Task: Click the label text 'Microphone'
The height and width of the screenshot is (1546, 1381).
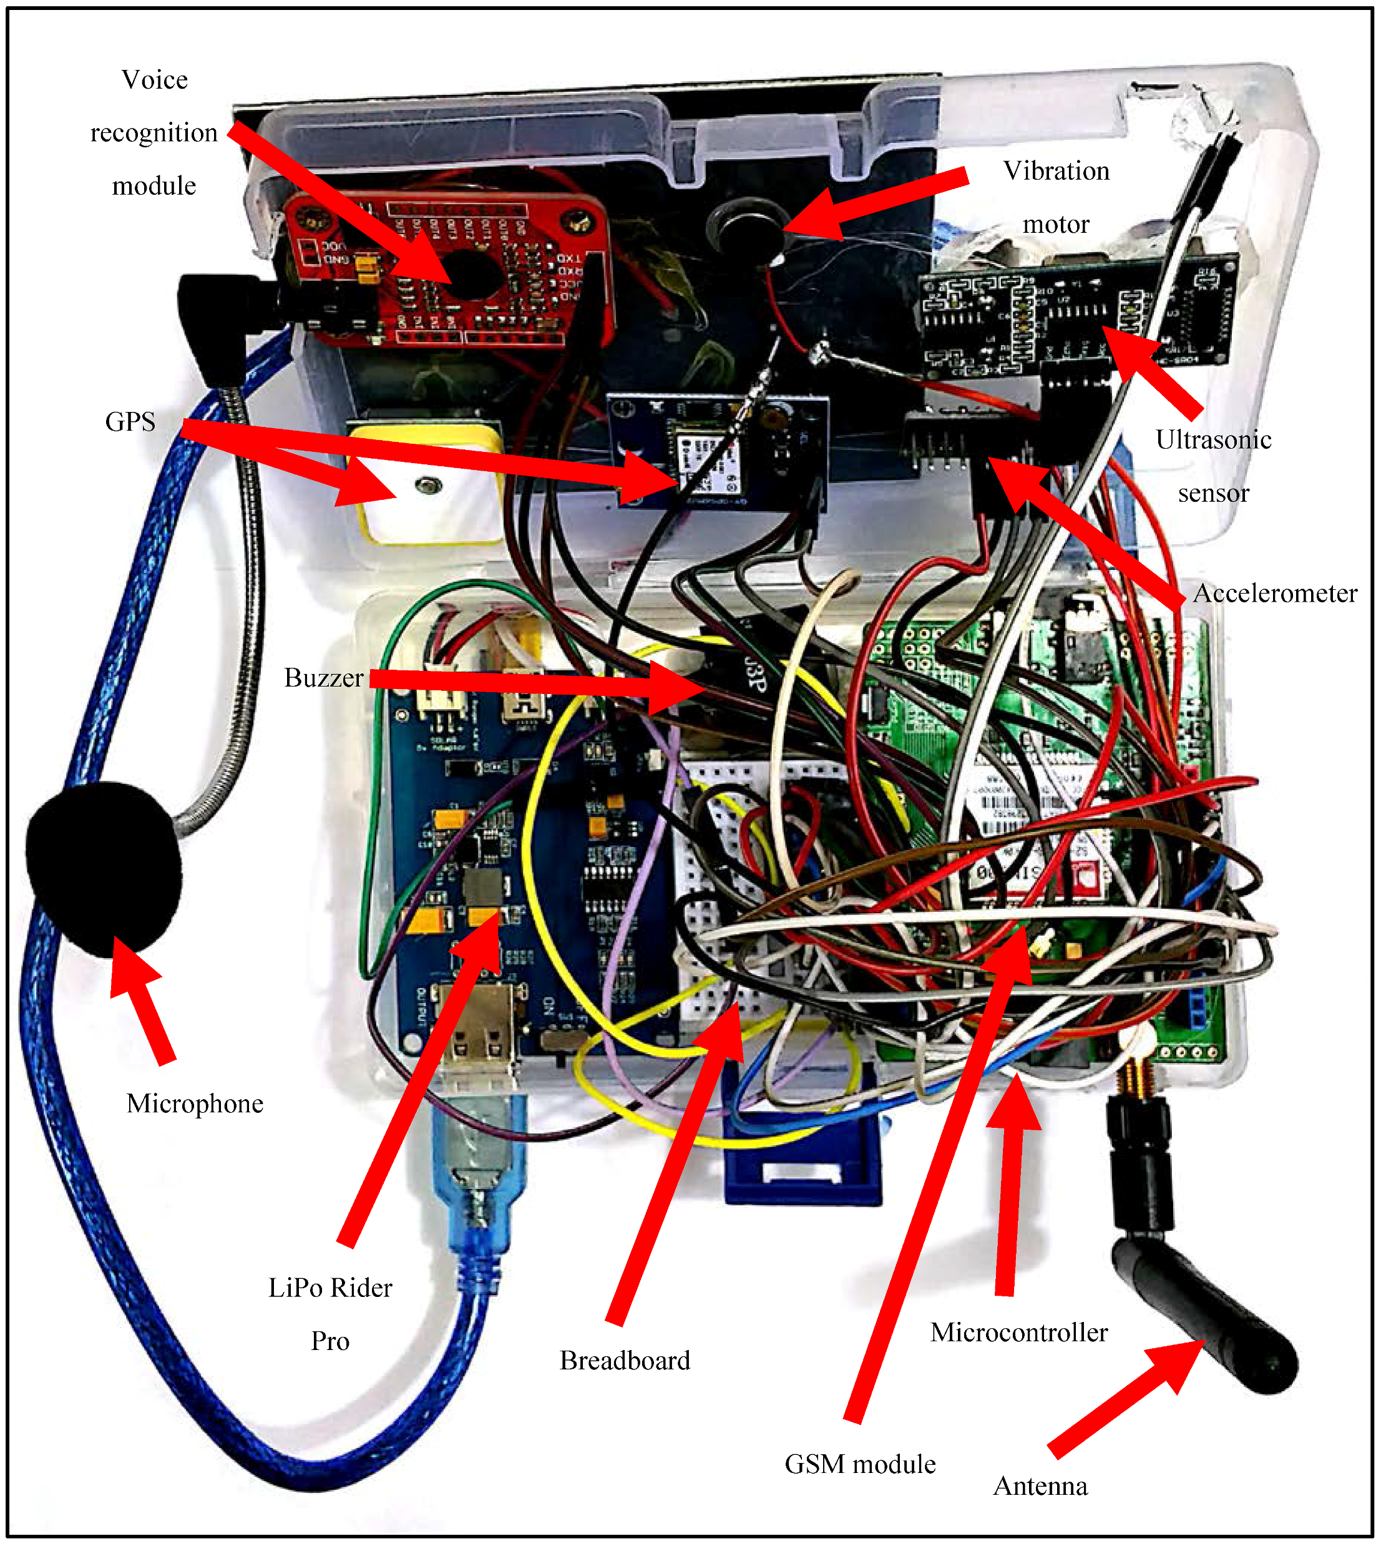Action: (x=195, y=1103)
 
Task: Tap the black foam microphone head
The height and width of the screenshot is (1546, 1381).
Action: (x=103, y=868)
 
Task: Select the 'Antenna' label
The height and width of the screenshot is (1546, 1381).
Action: (x=1040, y=1485)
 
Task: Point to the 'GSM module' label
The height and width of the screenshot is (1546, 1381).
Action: (x=860, y=1463)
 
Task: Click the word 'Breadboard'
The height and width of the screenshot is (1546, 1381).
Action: (x=625, y=1359)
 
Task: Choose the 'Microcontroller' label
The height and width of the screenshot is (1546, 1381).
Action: (x=1018, y=1331)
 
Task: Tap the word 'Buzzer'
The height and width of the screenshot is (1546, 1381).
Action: (x=323, y=677)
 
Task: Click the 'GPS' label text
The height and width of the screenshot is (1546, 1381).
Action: (x=130, y=421)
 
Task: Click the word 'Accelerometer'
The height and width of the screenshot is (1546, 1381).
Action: (x=1275, y=593)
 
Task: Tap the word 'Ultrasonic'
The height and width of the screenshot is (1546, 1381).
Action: (x=1213, y=439)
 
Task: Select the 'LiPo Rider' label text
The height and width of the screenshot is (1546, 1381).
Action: (x=330, y=1287)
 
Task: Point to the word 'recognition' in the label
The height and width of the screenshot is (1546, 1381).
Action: (x=154, y=133)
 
